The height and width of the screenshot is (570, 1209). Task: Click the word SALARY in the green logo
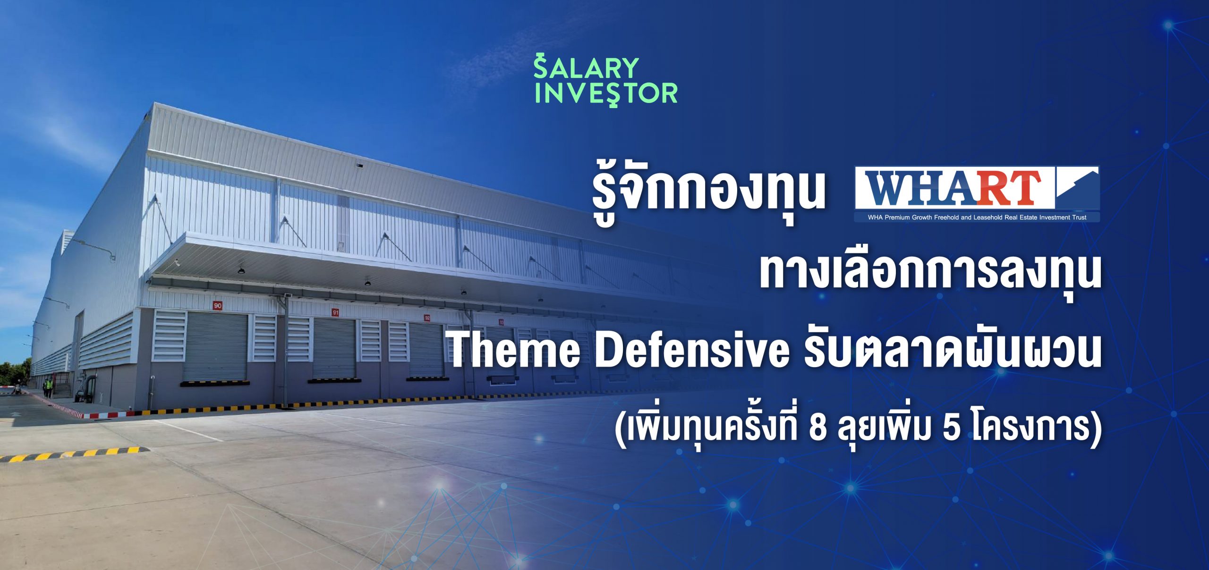tap(587, 68)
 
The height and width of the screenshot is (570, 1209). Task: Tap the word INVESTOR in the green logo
tap(606, 93)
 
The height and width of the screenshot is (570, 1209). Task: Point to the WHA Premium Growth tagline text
tap(977, 218)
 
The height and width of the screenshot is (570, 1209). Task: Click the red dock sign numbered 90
tap(217, 305)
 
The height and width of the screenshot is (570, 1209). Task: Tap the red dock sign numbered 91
tap(335, 312)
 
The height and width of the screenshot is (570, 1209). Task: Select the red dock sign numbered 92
tap(427, 318)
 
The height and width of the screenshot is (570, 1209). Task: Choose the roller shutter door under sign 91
tap(334, 348)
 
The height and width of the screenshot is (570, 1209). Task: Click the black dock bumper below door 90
tap(215, 383)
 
